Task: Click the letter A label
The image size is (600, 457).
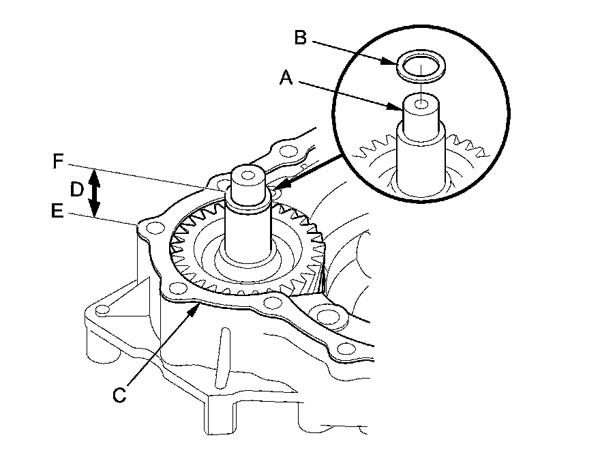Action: (x=287, y=78)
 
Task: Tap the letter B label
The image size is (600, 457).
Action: (x=301, y=38)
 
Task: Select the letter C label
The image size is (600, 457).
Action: (x=120, y=394)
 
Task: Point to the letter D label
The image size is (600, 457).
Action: (x=78, y=190)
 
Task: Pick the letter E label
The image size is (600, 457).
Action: (x=59, y=212)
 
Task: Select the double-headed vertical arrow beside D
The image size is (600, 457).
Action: (x=96, y=194)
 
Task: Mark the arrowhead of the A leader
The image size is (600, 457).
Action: (x=402, y=108)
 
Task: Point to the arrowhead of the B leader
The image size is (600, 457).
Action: (x=395, y=63)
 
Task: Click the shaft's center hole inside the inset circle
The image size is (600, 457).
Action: (x=422, y=104)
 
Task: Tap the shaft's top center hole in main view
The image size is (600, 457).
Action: (x=247, y=175)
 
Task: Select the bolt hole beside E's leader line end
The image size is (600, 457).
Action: (x=154, y=228)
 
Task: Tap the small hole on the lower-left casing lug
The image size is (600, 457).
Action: (x=102, y=311)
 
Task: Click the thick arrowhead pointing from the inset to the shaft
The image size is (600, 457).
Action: (x=280, y=187)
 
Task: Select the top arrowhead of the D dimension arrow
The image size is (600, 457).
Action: (x=96, y=175)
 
